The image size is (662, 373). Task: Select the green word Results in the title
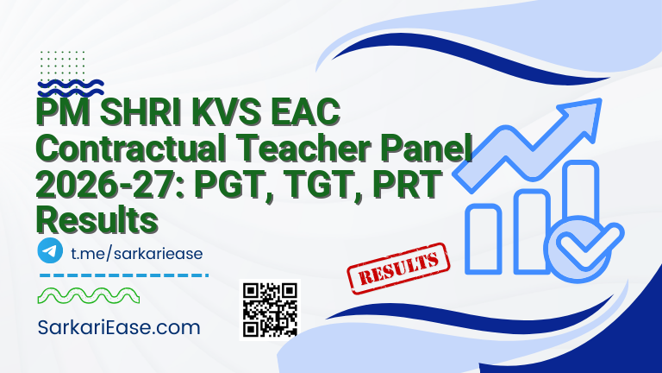[x=97, y=220]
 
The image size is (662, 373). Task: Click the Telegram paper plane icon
[x=51, y=251]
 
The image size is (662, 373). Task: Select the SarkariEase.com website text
[x=120, y=328]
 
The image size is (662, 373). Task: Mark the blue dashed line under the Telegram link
[x=124, y=275]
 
